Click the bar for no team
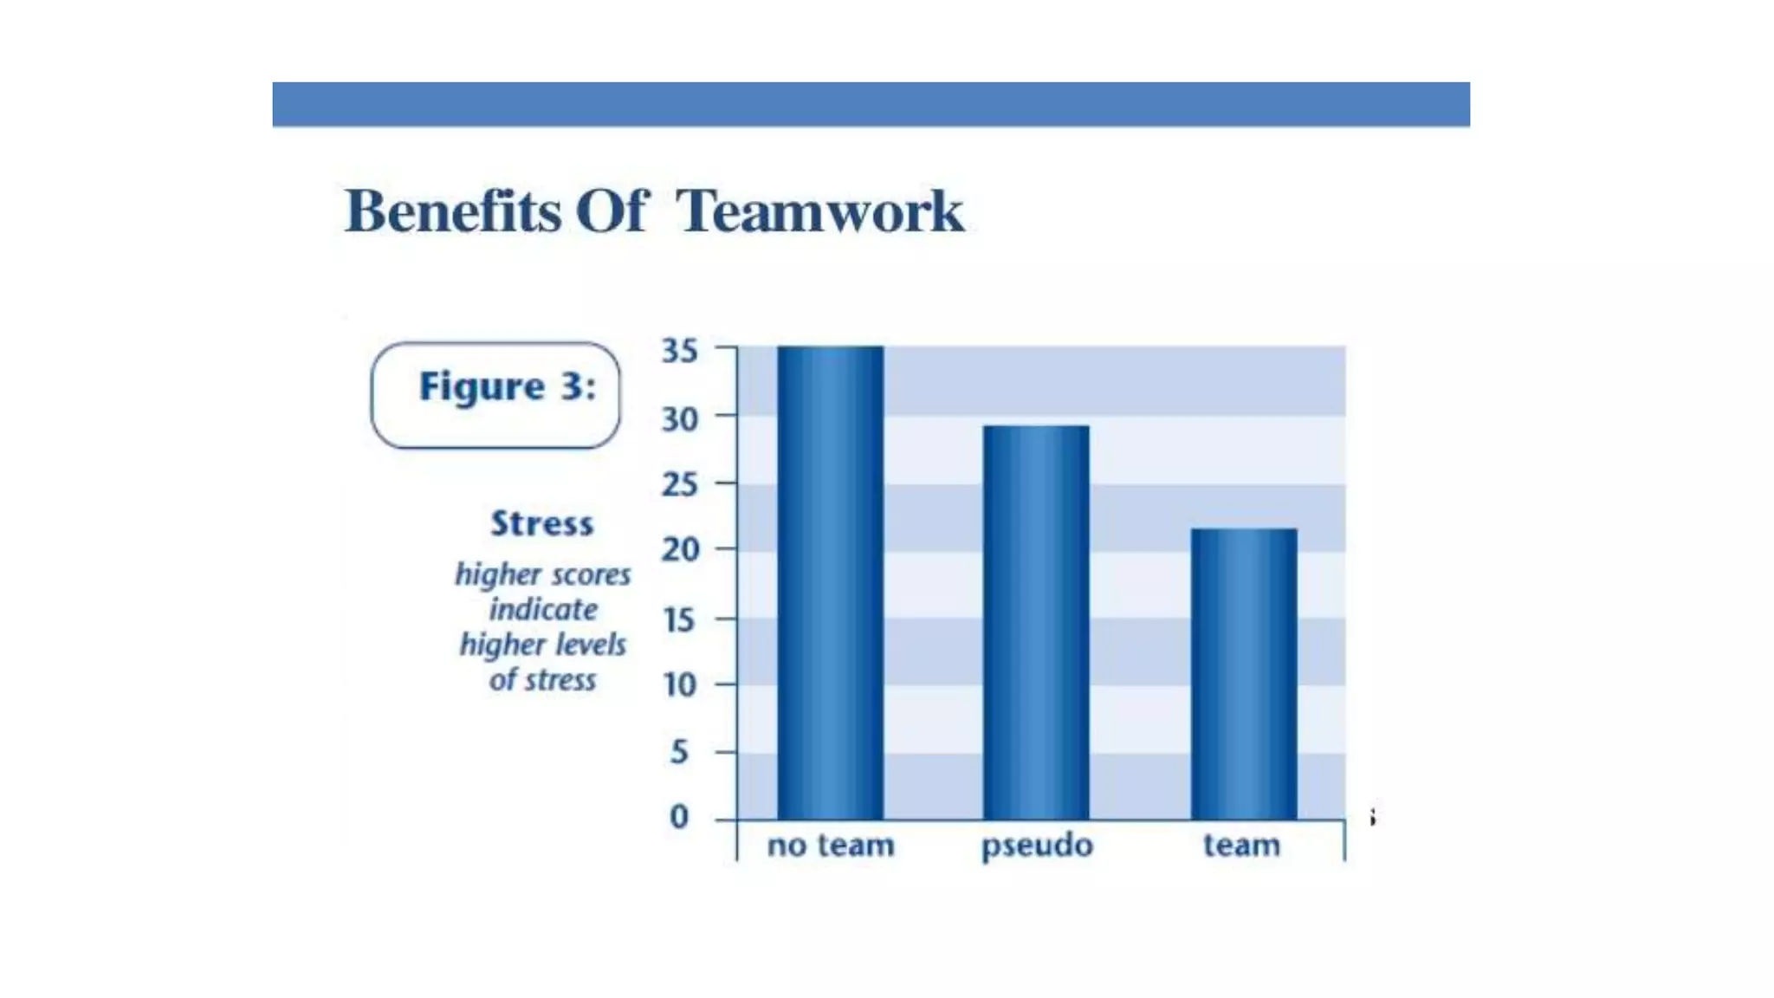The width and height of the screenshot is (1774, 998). (830, 582)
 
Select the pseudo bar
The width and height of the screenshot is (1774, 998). (1036, 622)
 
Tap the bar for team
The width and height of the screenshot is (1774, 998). (1244, 673)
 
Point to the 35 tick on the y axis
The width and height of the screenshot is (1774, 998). (680, 351)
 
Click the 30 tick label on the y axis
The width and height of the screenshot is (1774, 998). (680, 419)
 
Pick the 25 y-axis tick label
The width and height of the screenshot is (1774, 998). (680, 484)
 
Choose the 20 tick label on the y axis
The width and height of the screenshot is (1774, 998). (680, 549)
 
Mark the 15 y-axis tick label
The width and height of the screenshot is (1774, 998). (680, 620)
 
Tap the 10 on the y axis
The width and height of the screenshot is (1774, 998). (680, 685)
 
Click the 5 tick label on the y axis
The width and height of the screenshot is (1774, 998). (680, 752)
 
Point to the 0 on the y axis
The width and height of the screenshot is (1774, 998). (680, 817)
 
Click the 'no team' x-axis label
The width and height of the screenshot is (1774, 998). (831, 845)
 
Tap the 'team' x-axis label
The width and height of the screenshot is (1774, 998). (1241, 845)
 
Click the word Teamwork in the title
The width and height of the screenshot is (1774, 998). (819, 211)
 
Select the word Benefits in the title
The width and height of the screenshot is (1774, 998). (452, 211)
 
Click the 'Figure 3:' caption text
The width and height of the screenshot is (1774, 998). (508, 386)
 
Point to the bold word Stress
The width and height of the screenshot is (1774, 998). (542, 523)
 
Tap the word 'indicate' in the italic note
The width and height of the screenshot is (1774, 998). (543, 609)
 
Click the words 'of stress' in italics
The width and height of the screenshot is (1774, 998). (543, 680)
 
